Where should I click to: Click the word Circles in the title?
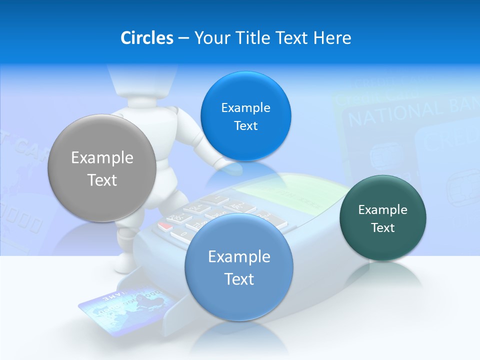[146, 38]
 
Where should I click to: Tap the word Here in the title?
[332, 38]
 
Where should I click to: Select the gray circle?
[101, 168]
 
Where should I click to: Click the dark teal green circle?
[382, 218]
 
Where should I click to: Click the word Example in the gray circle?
[102, 158]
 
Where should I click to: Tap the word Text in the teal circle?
[383, 227]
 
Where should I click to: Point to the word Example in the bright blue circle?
[245, 107]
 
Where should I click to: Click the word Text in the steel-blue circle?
[239, 279]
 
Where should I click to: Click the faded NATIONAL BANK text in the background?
[410, 112]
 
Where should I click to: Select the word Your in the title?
[210, 38]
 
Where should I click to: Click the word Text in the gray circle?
[102, 180]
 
